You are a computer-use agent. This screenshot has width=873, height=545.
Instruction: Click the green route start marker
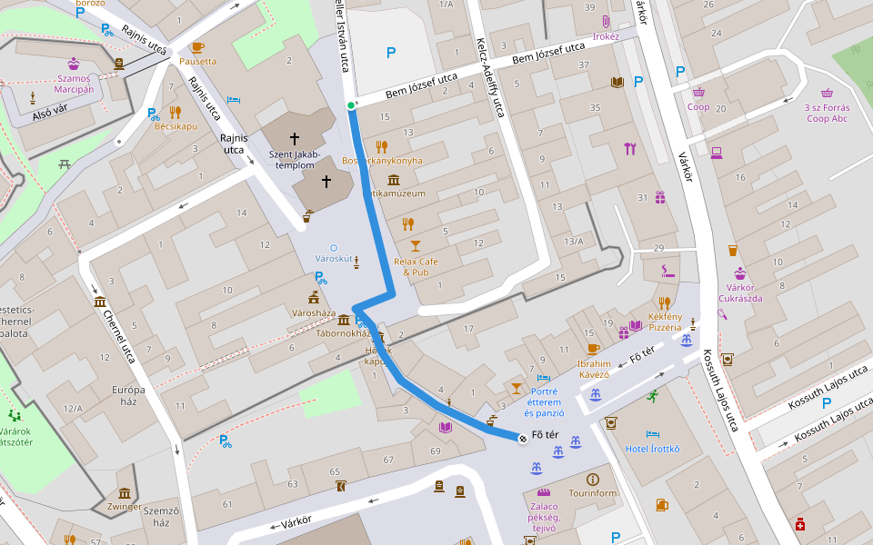point(351,106)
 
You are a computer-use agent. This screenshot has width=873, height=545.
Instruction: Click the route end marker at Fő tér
point(523,440)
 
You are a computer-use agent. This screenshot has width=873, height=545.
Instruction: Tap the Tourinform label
point(592,493)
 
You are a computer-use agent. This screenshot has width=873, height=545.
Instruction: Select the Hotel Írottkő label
point(652,449)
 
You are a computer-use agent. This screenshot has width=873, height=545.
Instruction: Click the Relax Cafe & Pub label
point(416,266)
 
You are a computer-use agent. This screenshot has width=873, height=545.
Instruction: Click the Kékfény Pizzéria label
point(665,322)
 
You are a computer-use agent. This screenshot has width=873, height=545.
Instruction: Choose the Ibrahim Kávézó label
point(593,369)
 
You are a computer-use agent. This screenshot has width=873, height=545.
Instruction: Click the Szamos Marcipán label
point(73,84)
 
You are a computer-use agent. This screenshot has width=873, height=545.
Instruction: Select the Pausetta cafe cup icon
point(197,46)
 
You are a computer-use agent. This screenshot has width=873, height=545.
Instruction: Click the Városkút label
point(333,259)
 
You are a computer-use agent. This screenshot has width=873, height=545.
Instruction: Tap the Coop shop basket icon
point(698,92)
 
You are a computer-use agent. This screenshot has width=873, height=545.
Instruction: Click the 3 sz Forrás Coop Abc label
point(826,113)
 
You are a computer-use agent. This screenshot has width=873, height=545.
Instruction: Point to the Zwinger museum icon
point(125,493)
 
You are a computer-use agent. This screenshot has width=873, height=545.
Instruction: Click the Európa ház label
point(128,396)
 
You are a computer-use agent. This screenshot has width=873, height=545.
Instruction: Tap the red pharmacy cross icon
point(800,524)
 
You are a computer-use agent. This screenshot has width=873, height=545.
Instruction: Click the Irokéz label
point(606,36)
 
